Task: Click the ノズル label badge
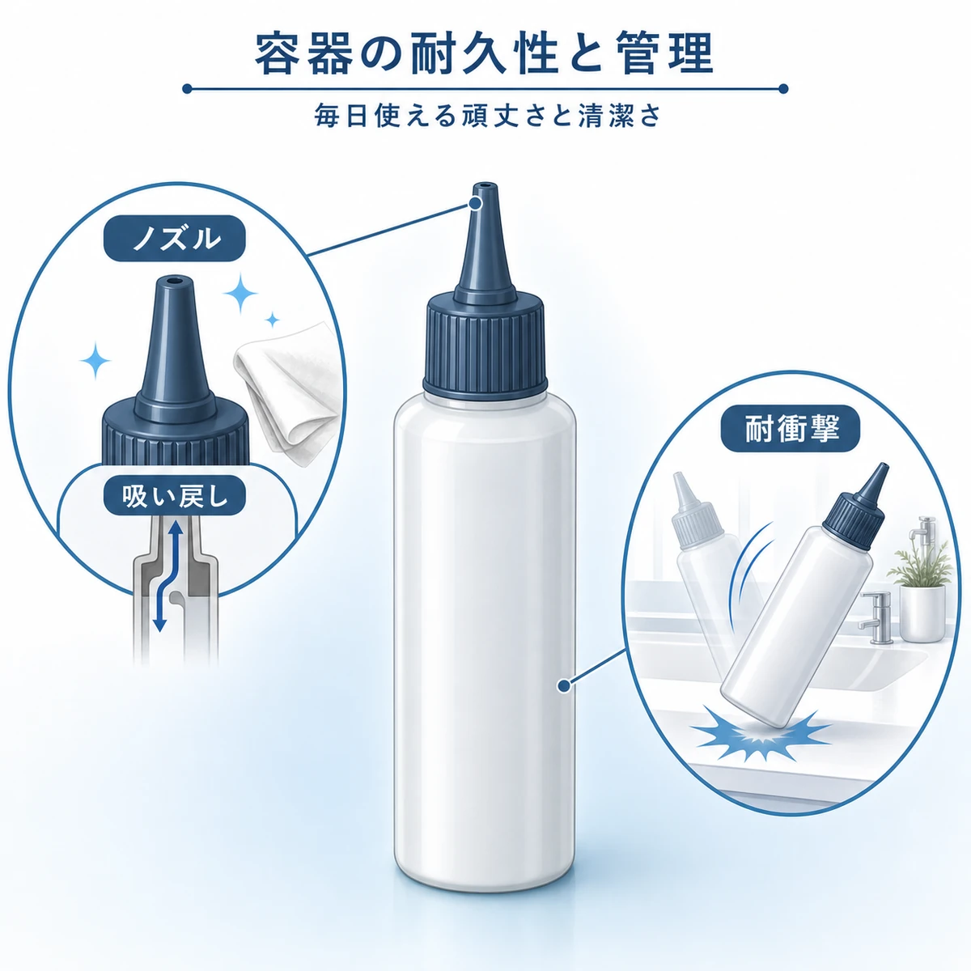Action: coord(174,239)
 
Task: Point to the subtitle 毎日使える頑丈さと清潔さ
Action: coord(487,116)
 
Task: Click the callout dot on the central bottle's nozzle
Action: coord(474,203)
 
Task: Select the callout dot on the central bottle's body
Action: coord(564,685)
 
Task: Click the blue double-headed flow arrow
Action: coord(168,575)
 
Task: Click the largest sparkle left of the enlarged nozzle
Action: coord(95,360)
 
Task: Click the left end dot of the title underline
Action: coord(187,89)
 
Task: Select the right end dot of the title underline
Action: coord(783,89)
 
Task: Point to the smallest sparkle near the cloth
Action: coord(273,320)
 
